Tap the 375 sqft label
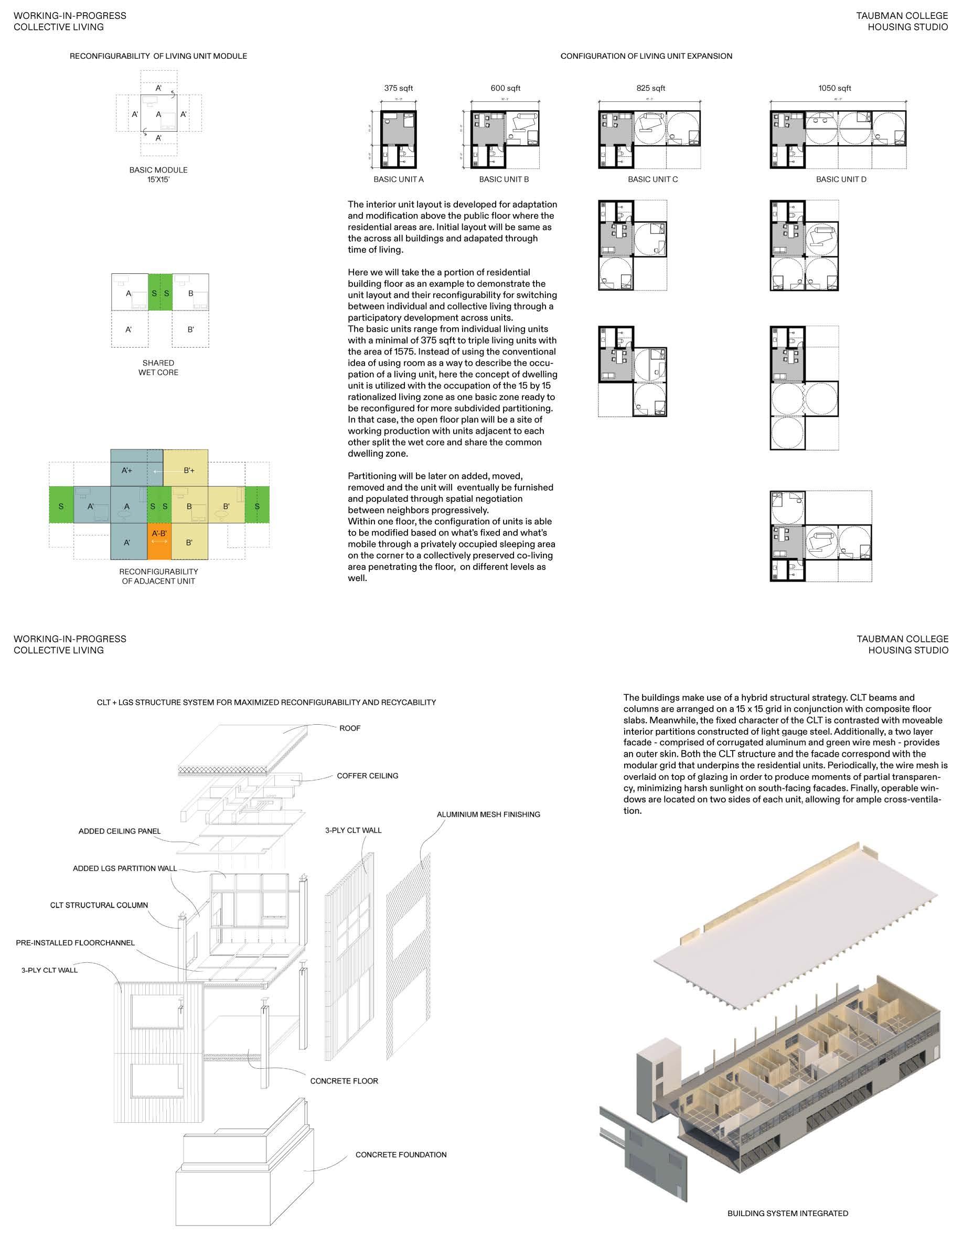tap(398, 88)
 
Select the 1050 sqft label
tap(834, 88)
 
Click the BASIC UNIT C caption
tap(652, 179)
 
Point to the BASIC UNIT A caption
tap(398, 179)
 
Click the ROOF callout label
tap(350, 728)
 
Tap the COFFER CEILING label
tap(367, 775)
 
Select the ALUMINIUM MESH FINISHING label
tap(488, 814)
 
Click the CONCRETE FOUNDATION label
tap(401, 1154)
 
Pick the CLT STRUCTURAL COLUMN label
tap(99, 905)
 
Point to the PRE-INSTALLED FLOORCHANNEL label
tap(76, 942)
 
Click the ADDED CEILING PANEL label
tap(119, 831)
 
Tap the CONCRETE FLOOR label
tap(344, 1081)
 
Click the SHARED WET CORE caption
tap(158, 368)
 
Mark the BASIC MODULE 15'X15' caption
tap(158, 175)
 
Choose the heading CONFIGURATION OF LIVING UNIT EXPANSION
tap(646, 56)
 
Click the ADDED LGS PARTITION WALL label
tap(124, 868)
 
